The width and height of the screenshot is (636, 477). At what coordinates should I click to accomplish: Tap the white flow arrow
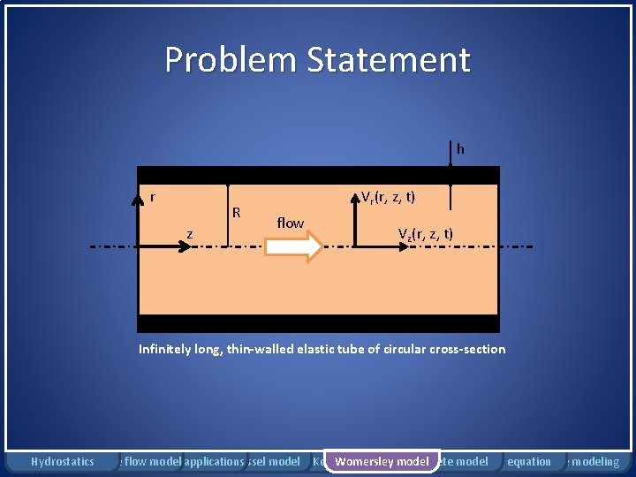295,247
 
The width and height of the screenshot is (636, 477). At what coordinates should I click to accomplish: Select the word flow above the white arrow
290,223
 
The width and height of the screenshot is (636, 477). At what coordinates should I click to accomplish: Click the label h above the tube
460,149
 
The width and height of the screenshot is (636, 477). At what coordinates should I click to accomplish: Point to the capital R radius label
236,212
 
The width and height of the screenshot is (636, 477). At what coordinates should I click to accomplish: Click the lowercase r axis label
153,197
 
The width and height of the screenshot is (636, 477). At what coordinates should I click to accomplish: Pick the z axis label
190,233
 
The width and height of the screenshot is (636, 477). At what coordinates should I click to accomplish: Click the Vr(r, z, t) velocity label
389,197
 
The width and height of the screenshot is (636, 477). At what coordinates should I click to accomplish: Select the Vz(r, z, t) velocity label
425,234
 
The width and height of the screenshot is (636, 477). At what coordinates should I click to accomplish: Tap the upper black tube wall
318,175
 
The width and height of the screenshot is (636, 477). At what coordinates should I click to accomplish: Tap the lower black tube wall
318,323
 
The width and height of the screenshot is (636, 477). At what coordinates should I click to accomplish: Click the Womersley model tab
382,461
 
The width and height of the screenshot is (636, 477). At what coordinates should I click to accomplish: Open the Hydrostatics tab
62,461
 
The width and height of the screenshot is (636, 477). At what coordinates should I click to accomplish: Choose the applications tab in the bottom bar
214,461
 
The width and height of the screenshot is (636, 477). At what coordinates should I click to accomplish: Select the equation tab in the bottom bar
528,461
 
